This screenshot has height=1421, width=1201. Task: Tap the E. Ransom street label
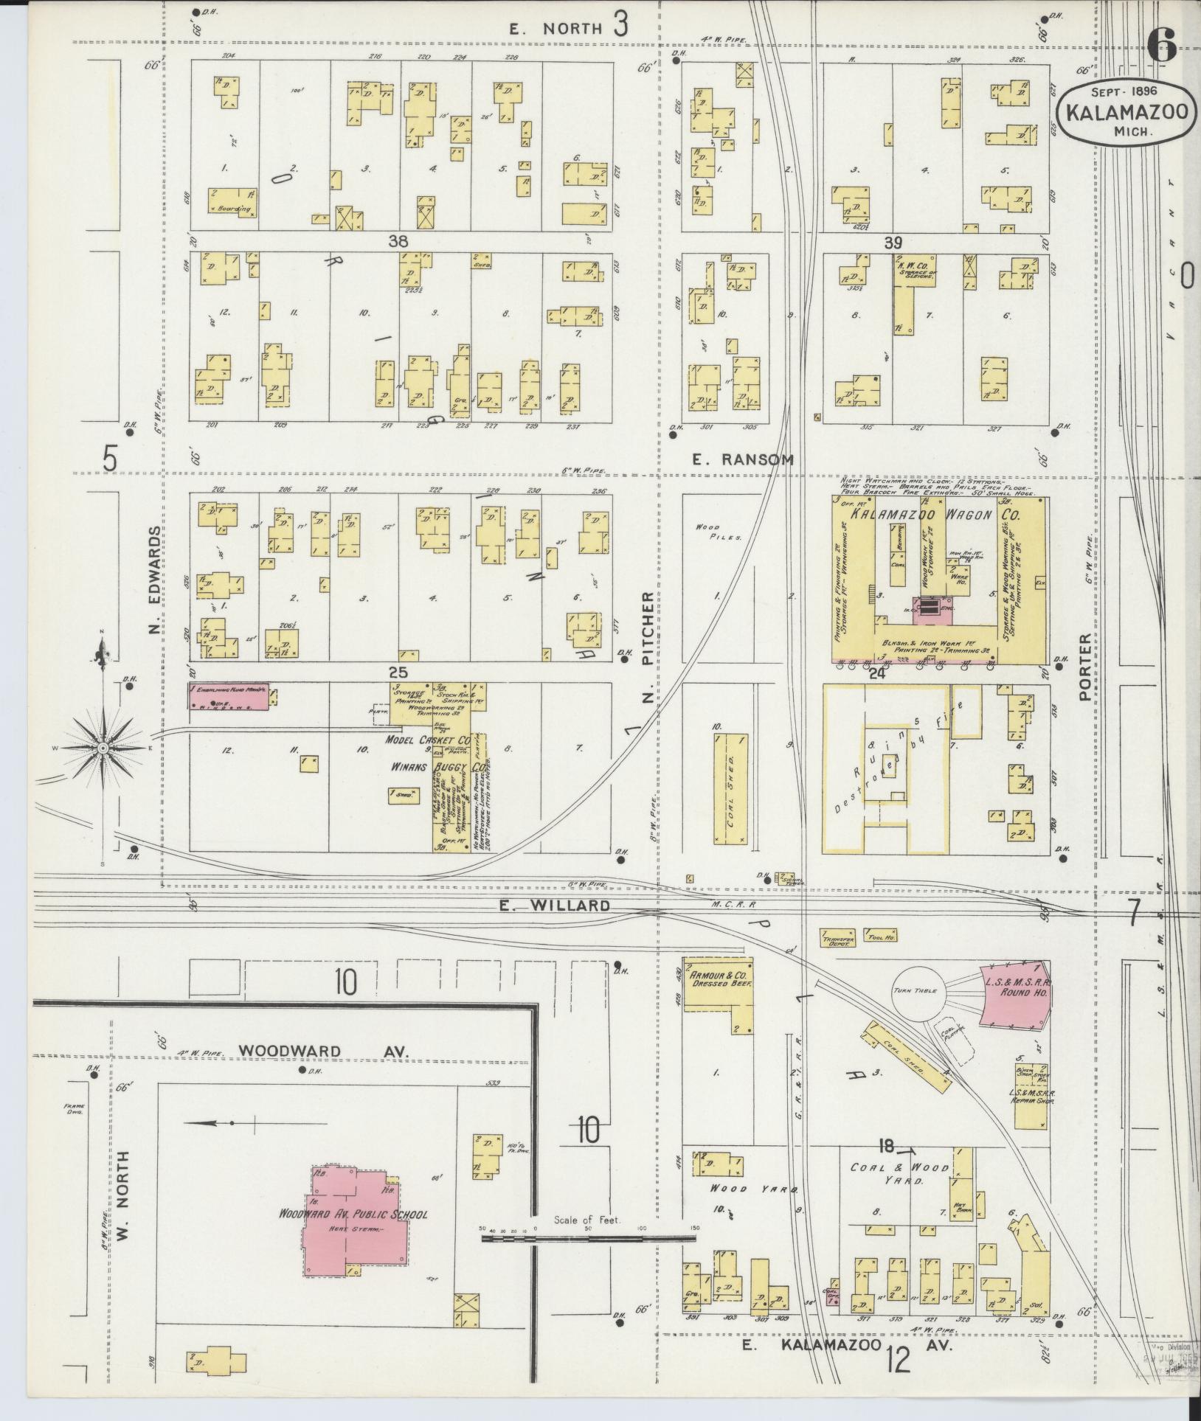click(x=743, y=459)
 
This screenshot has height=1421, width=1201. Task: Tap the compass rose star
click(x=103, y=748)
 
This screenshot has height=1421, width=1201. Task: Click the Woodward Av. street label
click(x=290, y=1050)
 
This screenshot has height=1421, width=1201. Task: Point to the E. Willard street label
click(x=554, y=905)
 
